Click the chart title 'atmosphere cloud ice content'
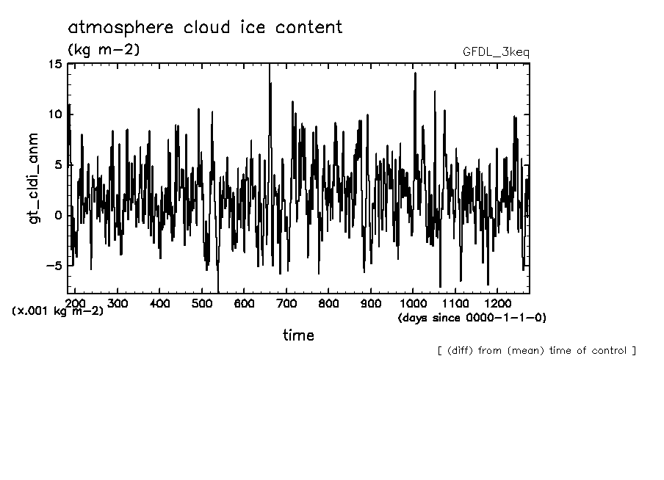(x=205, y=28)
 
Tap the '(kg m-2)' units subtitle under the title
(x=104, y=50)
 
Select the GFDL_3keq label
(x=495, y=52)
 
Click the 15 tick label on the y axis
(x=55, y=64)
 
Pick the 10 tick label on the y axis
(x=55, y=114)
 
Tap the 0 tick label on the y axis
(x=59, y=216)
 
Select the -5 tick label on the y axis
(x=54, y=266)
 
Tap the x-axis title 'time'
(x=298, y=335)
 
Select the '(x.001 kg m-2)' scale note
(x=57, y=311)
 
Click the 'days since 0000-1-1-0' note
(x=472, y=318)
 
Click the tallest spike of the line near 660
(x=270, y=66)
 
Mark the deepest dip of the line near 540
(x=218, y=291)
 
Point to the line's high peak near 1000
(x=415, y=73)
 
